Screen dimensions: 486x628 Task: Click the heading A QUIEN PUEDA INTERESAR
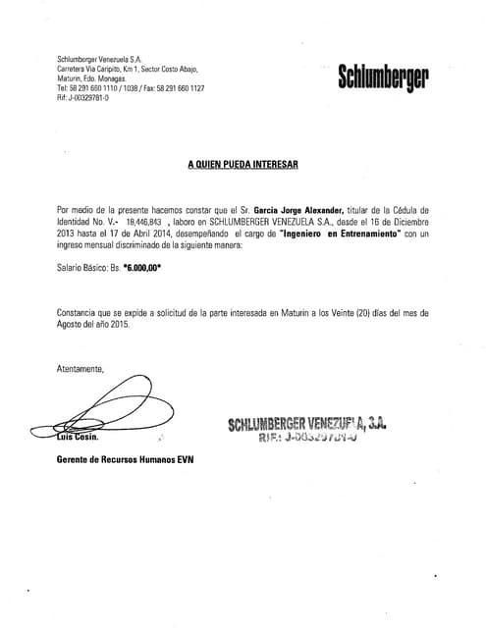[x=243, y=167]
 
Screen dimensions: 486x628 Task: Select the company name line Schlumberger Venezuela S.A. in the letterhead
[x=101, y=61]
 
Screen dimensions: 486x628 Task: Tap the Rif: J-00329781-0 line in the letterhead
[x=83, y=96]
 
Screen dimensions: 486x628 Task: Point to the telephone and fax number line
[x=131, y=87]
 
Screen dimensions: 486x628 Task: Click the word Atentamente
[x=81, y=369]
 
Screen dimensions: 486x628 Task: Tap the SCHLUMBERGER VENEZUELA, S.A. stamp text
[x=307, y=424]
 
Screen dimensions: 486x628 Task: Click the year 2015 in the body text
[x=119, y=324]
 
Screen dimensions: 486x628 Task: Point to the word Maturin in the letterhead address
[x=72, y=78]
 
